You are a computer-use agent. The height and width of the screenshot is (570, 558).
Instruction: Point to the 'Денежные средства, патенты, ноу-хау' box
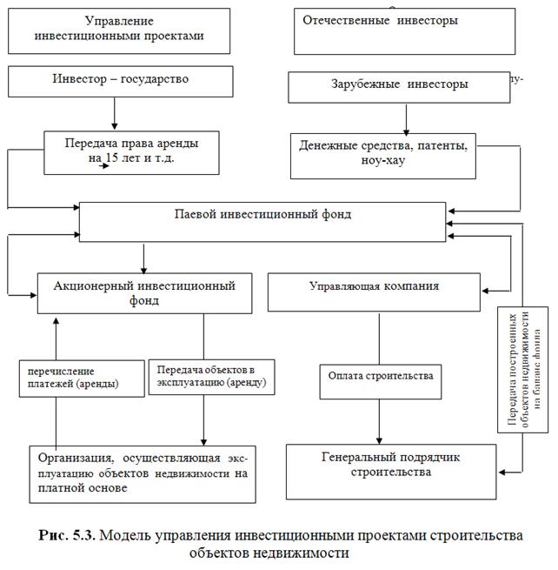pyautogui.click(x=384, y=155)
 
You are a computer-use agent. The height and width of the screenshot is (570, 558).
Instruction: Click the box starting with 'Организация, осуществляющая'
pyautogui.click(x=143, y=474)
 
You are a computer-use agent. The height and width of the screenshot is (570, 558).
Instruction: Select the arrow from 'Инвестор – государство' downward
pyautogui.click(x=115, y=113)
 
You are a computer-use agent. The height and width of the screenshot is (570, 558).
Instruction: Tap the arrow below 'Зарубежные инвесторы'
pyautogui.click(x=406, y=117)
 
